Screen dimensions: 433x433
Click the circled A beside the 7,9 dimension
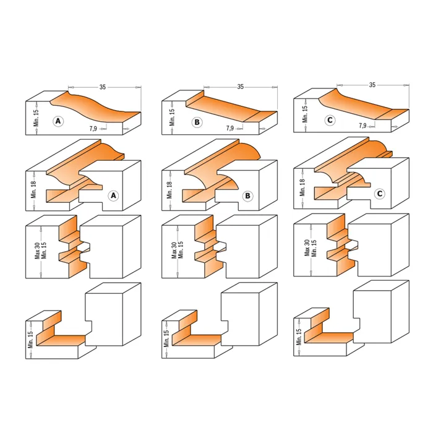coord(58,121)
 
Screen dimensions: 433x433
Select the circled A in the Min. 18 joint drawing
coord(113,195)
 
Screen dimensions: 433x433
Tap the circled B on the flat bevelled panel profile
coord(197,122)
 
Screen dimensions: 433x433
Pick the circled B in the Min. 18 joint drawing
coord(247,196)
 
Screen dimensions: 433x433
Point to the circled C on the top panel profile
coord(330,120)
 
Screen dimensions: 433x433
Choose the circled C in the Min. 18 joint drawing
coord(380,194)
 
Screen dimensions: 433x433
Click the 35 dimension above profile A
coord(103,87)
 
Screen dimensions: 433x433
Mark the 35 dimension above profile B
coord(240,87)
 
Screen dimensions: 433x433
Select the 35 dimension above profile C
coord(372,85)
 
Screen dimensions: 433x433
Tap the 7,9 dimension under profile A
coord(93,129)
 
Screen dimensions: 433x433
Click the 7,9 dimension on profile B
coord(229,128)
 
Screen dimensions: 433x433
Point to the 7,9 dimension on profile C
coord(362,126)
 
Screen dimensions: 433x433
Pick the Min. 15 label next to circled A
coord(36,118)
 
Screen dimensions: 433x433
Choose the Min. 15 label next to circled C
coord(305,114)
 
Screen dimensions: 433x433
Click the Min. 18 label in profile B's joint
coord(169,190)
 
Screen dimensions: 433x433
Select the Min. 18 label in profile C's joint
coord(302,187)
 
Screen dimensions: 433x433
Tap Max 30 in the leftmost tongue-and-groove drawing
coord(37,251)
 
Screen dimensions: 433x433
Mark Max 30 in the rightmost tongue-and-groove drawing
coord(307,248)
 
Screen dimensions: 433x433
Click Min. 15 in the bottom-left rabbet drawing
coord(30,340)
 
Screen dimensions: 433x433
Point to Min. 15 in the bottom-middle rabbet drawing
coord(166,339)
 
